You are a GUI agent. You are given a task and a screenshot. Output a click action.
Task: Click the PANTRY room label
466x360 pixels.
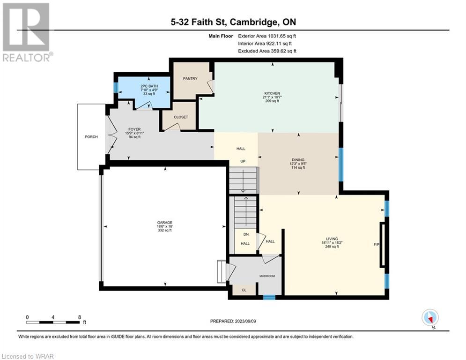tap(190, 79)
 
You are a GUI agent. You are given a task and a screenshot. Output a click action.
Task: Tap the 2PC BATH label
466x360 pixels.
tap(149, 86)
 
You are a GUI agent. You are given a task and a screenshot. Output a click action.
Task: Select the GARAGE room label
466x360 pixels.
tap(165, 223)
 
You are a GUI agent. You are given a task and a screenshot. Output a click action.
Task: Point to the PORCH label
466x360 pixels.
tap(91, 137)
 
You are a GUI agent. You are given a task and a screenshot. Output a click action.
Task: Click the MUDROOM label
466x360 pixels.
tap(267, 276)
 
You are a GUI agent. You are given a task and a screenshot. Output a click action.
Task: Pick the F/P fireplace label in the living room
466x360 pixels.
tap(376, 245)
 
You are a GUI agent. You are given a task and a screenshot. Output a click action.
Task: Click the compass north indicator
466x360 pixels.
tap(430, 318)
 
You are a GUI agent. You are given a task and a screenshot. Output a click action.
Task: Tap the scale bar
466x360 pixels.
tap(53, 322)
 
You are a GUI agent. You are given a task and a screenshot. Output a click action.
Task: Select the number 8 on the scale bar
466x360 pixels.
tap(79, 317)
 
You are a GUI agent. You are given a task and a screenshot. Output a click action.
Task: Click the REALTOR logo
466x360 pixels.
tap(27, 32)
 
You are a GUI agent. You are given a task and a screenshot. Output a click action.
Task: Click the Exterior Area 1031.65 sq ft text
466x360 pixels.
tap(267, 36)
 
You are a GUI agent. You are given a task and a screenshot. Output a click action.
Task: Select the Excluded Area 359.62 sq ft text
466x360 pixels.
tap(267, 51)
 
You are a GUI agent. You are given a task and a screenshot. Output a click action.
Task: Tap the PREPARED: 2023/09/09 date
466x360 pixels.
tap(233, 321)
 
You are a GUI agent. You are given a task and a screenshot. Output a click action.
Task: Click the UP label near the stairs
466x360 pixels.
tap(243, 161)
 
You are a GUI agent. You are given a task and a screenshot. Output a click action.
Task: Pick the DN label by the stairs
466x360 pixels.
tap(246, 234)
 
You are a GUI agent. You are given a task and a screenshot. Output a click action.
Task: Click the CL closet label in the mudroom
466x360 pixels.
tap(244, 290)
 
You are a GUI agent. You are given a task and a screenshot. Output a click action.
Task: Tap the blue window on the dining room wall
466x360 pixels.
tap(341, 165)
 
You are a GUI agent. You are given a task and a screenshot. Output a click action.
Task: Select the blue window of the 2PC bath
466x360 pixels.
tap(116, 88)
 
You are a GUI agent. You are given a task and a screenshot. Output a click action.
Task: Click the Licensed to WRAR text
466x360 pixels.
tap(28, 356)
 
